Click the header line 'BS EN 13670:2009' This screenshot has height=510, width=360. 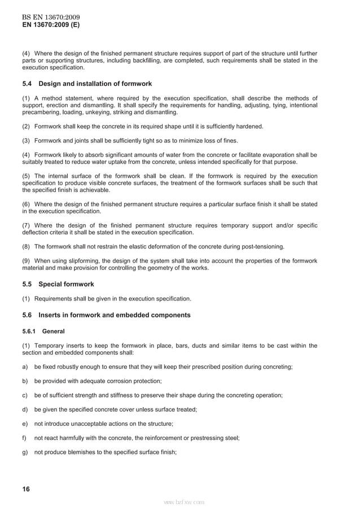[x=47, y=17]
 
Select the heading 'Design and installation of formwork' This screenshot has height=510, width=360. [x=95, y=84]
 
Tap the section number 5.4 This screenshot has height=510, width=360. [x=28, y=84]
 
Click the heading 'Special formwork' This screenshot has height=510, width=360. [x=66, y=284]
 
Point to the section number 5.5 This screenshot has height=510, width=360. [x=28, y=284]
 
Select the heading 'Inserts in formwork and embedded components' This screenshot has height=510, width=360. [x=114, y=315]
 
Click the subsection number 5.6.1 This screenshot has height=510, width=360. [x=29, y=331]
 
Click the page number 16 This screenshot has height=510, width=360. [x=26, y=489]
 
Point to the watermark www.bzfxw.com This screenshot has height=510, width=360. [x=184, y=502]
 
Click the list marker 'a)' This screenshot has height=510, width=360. [x=25, y=367]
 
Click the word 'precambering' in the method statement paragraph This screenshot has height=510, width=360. [x=41, y=112]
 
